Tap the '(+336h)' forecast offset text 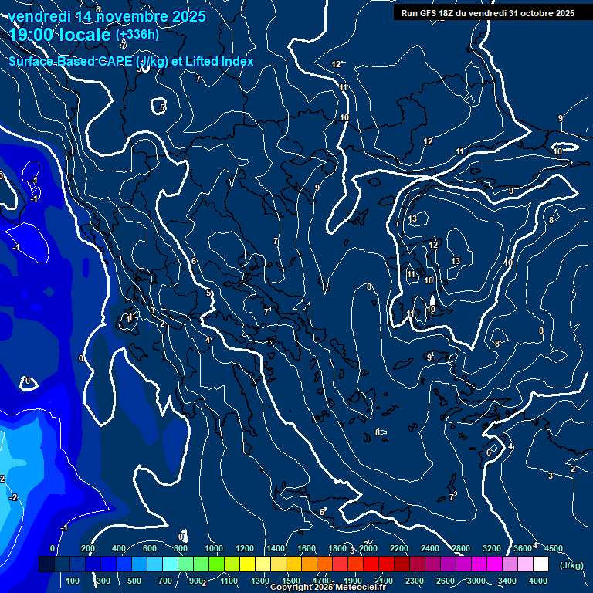(x=137, y=35)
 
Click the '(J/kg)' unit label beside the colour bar (x=572, y=565)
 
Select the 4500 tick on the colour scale (x=553, y=548)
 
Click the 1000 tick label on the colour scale (x=213, y=548)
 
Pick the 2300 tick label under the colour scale (x=414, y=581)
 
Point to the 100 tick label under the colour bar (x=73, y=581)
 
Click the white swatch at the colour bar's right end (x=540, y=564)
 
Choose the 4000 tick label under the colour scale (x=538, y=581)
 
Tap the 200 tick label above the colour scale (x=88, y=548)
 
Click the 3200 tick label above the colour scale (x=492, y=548)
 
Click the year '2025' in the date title (x=188, y=15)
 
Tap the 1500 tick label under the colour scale (x=290, y=581)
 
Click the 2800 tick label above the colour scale (x=461, y=548)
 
